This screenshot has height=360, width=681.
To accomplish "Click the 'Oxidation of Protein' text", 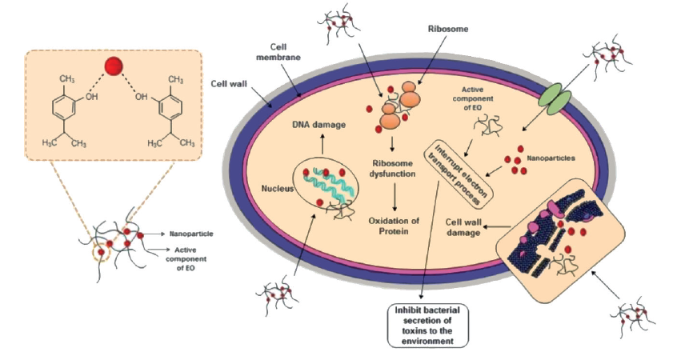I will pos(393,226).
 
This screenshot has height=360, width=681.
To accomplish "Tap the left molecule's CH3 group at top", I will pos(66,79).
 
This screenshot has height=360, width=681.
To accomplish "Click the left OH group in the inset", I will pos(94,99).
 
